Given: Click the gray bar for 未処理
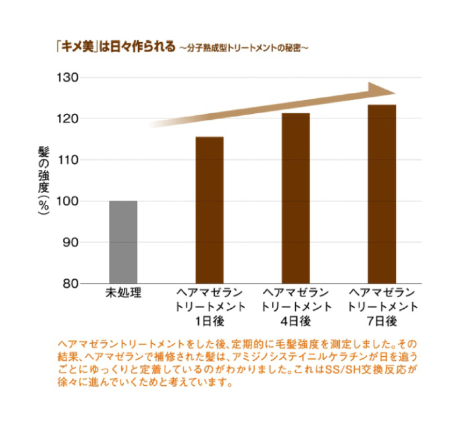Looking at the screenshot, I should (123, 242).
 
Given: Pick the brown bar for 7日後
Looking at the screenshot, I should (381, 194).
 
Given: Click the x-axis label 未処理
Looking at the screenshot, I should (124, 293).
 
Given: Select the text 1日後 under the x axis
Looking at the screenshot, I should (210, 321).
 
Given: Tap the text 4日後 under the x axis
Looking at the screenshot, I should (296, 321).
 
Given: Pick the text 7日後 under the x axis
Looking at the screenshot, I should (381, 321).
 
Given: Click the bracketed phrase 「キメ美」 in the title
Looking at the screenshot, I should (76, 47).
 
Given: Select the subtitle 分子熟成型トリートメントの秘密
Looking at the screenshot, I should (244, 48).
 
